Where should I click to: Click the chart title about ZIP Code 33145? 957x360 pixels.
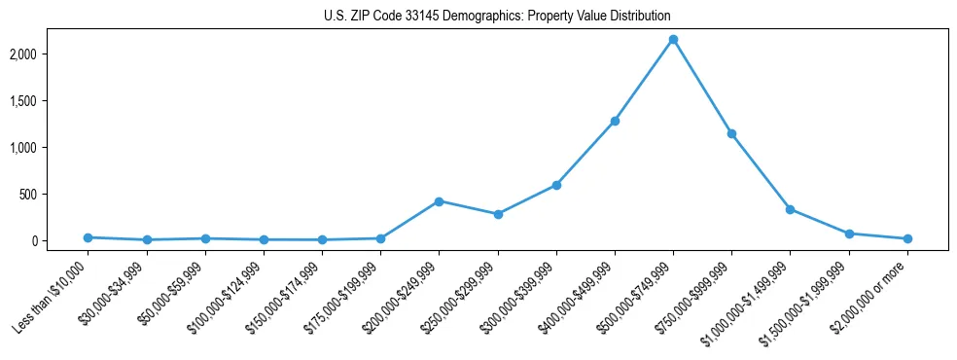point(497,17)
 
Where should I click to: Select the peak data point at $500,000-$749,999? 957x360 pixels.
point(673,39)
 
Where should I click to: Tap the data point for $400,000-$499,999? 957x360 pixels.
point(615,121)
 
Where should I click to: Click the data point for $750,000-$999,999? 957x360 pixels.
point(731,133)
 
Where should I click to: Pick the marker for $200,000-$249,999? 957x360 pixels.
point(439,201)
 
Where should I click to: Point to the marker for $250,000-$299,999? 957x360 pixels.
point(498,214)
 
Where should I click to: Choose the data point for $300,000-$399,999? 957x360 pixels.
point(556,185)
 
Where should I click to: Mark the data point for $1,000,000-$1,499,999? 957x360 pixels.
point(790,209)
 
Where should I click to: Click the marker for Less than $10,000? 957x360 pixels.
point(88,237)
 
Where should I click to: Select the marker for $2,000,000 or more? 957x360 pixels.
point(907,238)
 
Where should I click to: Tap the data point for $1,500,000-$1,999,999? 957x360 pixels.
point(849,234)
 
